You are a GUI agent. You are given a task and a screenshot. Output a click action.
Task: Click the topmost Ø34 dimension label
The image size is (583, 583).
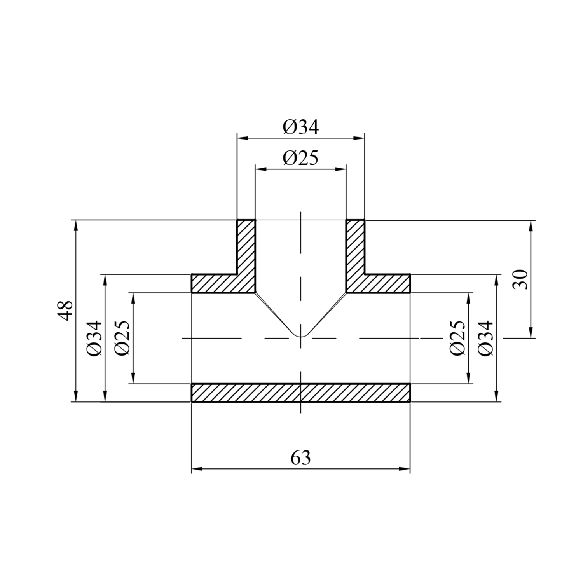point(301,127)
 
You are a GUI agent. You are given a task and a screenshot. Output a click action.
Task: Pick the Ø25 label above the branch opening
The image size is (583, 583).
point(301,158)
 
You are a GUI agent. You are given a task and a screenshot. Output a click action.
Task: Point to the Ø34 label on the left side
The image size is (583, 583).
point(94,338)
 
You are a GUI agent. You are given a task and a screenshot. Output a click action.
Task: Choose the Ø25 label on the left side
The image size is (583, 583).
point(122,338)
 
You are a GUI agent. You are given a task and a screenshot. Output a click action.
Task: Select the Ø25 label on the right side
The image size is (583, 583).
point(457,338)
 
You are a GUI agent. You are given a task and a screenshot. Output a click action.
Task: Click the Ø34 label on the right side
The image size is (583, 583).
point(486,338)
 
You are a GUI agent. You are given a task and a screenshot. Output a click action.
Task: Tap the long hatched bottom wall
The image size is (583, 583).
point(301,393)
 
